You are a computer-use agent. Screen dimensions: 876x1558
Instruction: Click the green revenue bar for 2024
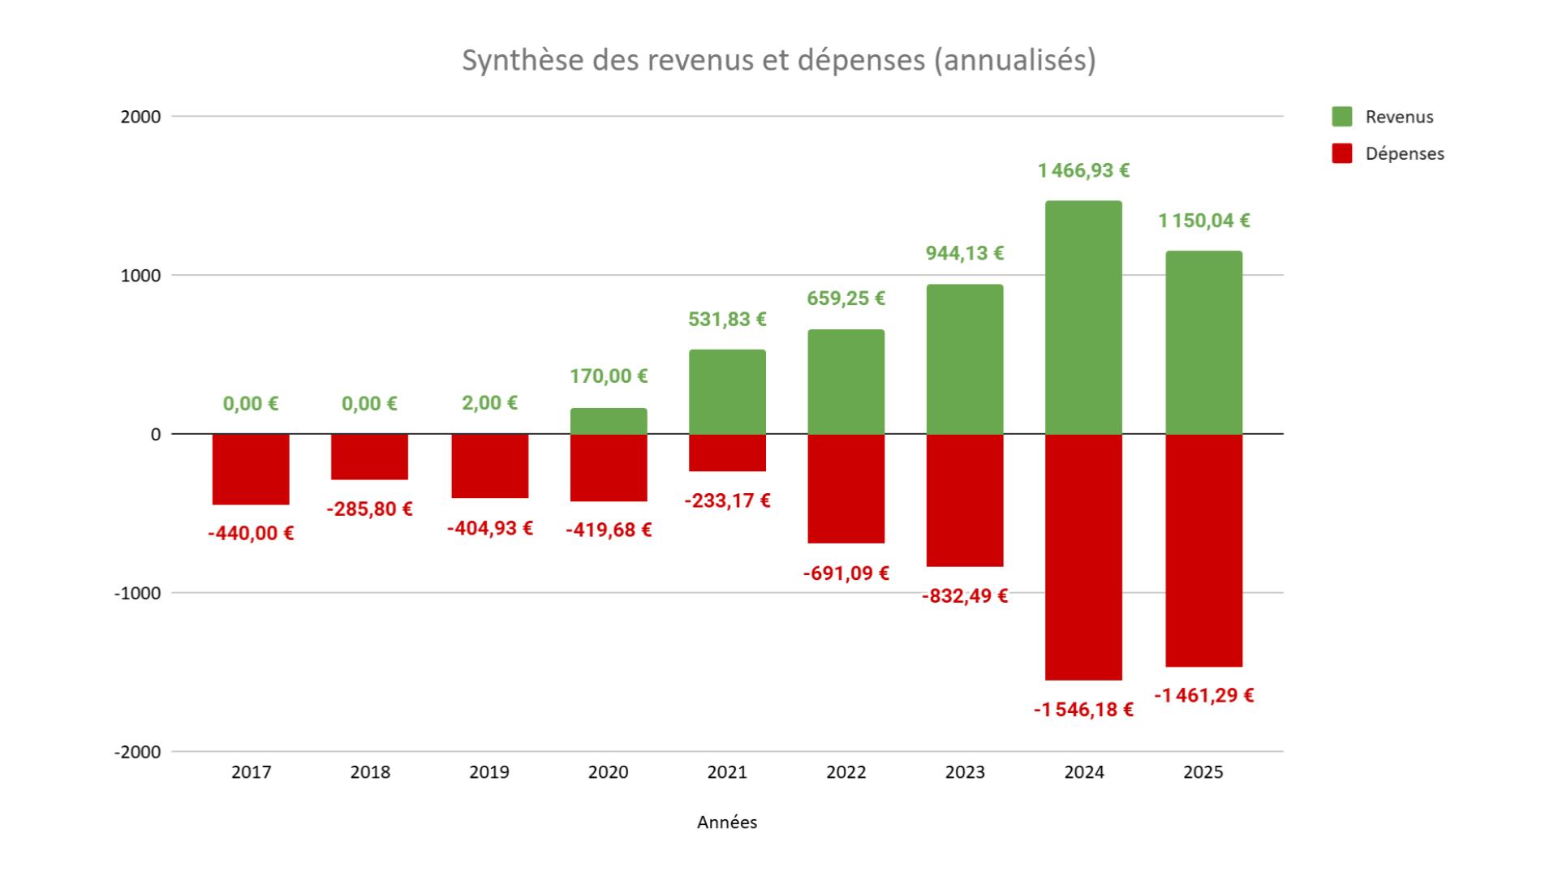[x=1083, y=317]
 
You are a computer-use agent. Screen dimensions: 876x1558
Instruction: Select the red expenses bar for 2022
[x=846, y=488]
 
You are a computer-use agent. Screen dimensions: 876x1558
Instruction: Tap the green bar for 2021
[x=727, y=392]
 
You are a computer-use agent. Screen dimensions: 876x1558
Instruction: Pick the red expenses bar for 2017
[x=251, y=469]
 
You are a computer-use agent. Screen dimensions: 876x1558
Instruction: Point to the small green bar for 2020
[x=609, y=421]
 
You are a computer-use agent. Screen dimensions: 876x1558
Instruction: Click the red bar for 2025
[x=1203, y=550]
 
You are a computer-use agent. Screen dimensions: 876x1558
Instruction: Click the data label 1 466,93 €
[x=1083, y=170]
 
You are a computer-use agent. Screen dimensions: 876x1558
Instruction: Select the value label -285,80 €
[x=369, y=509]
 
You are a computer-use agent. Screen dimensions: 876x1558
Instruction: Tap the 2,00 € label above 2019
[x=489, y=403]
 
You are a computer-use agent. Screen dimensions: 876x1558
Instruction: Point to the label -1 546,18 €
[x=1083, y=710]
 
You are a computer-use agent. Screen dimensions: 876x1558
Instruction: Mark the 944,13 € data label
[x=965, y=253]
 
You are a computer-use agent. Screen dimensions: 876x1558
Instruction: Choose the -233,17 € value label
[x=727, y=500]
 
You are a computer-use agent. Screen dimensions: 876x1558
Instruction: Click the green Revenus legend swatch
[x=1342, y=117]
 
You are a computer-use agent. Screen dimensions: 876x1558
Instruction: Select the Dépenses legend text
[x=1405, y=153]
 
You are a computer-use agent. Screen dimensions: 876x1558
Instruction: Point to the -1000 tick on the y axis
[x=137, y=593]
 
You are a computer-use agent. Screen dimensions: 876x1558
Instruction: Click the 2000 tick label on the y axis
[x=140, y=117]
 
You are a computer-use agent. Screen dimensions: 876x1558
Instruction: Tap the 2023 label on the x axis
[x=965, y=772]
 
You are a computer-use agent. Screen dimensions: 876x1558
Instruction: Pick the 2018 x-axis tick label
[x=370, y=772]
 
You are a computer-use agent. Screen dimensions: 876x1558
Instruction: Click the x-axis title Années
[x=727, y=822]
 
